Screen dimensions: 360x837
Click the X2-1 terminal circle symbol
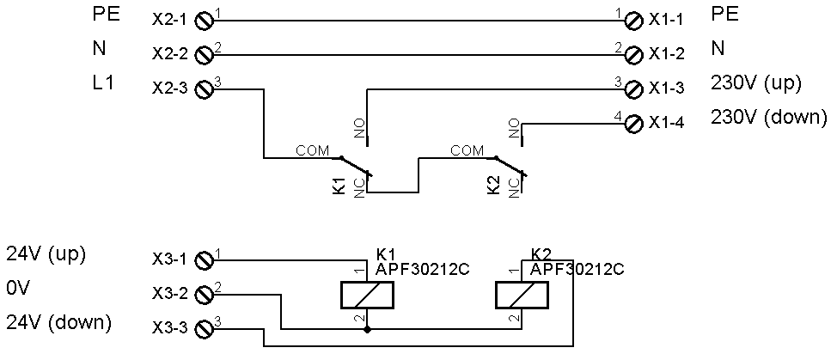click(205, 20)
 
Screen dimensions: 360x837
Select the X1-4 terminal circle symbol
click(634, 124)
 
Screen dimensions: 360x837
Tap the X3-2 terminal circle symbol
click(205, 294)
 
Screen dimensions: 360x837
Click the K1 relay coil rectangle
click(367, 296)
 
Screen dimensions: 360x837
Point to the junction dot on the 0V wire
click(367, 329)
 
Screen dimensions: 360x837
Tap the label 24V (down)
click(58, 323)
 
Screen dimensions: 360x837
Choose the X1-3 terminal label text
click(667, 88)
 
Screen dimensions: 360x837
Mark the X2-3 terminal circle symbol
click(205, 88)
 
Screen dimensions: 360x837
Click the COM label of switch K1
click(312, 150)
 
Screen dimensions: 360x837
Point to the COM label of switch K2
click(467, 150)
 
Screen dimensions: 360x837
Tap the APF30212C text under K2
click(577, 269)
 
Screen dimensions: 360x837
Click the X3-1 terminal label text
click(169, 260)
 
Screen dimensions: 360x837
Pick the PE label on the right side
click(725, 15)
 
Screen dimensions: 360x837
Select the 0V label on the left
click(18, 290)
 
